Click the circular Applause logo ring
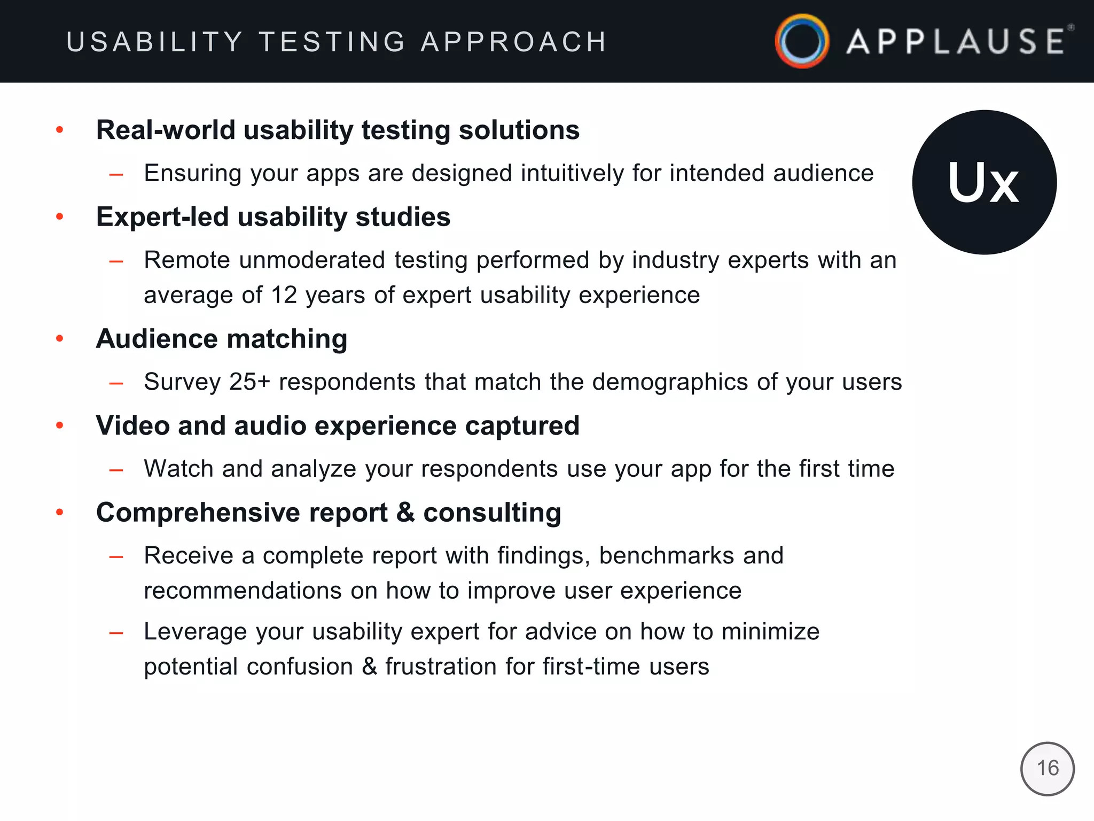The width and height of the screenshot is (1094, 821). point(802,41)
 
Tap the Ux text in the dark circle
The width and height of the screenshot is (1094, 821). point(983,183)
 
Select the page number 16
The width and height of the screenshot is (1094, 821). point(1048,769)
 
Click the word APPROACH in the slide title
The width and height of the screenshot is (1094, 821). point(514,42)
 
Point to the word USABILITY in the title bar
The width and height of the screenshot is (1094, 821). point(154,42)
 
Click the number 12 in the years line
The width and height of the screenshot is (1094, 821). point(284,295)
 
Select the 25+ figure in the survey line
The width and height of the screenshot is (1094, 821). point(249,382)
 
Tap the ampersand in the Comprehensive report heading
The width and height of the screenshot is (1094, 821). point(405,513)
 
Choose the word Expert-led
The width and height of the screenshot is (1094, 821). point(162,217)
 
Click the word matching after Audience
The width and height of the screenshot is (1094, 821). point(287,339)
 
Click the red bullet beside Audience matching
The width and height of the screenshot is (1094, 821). point(60,338)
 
